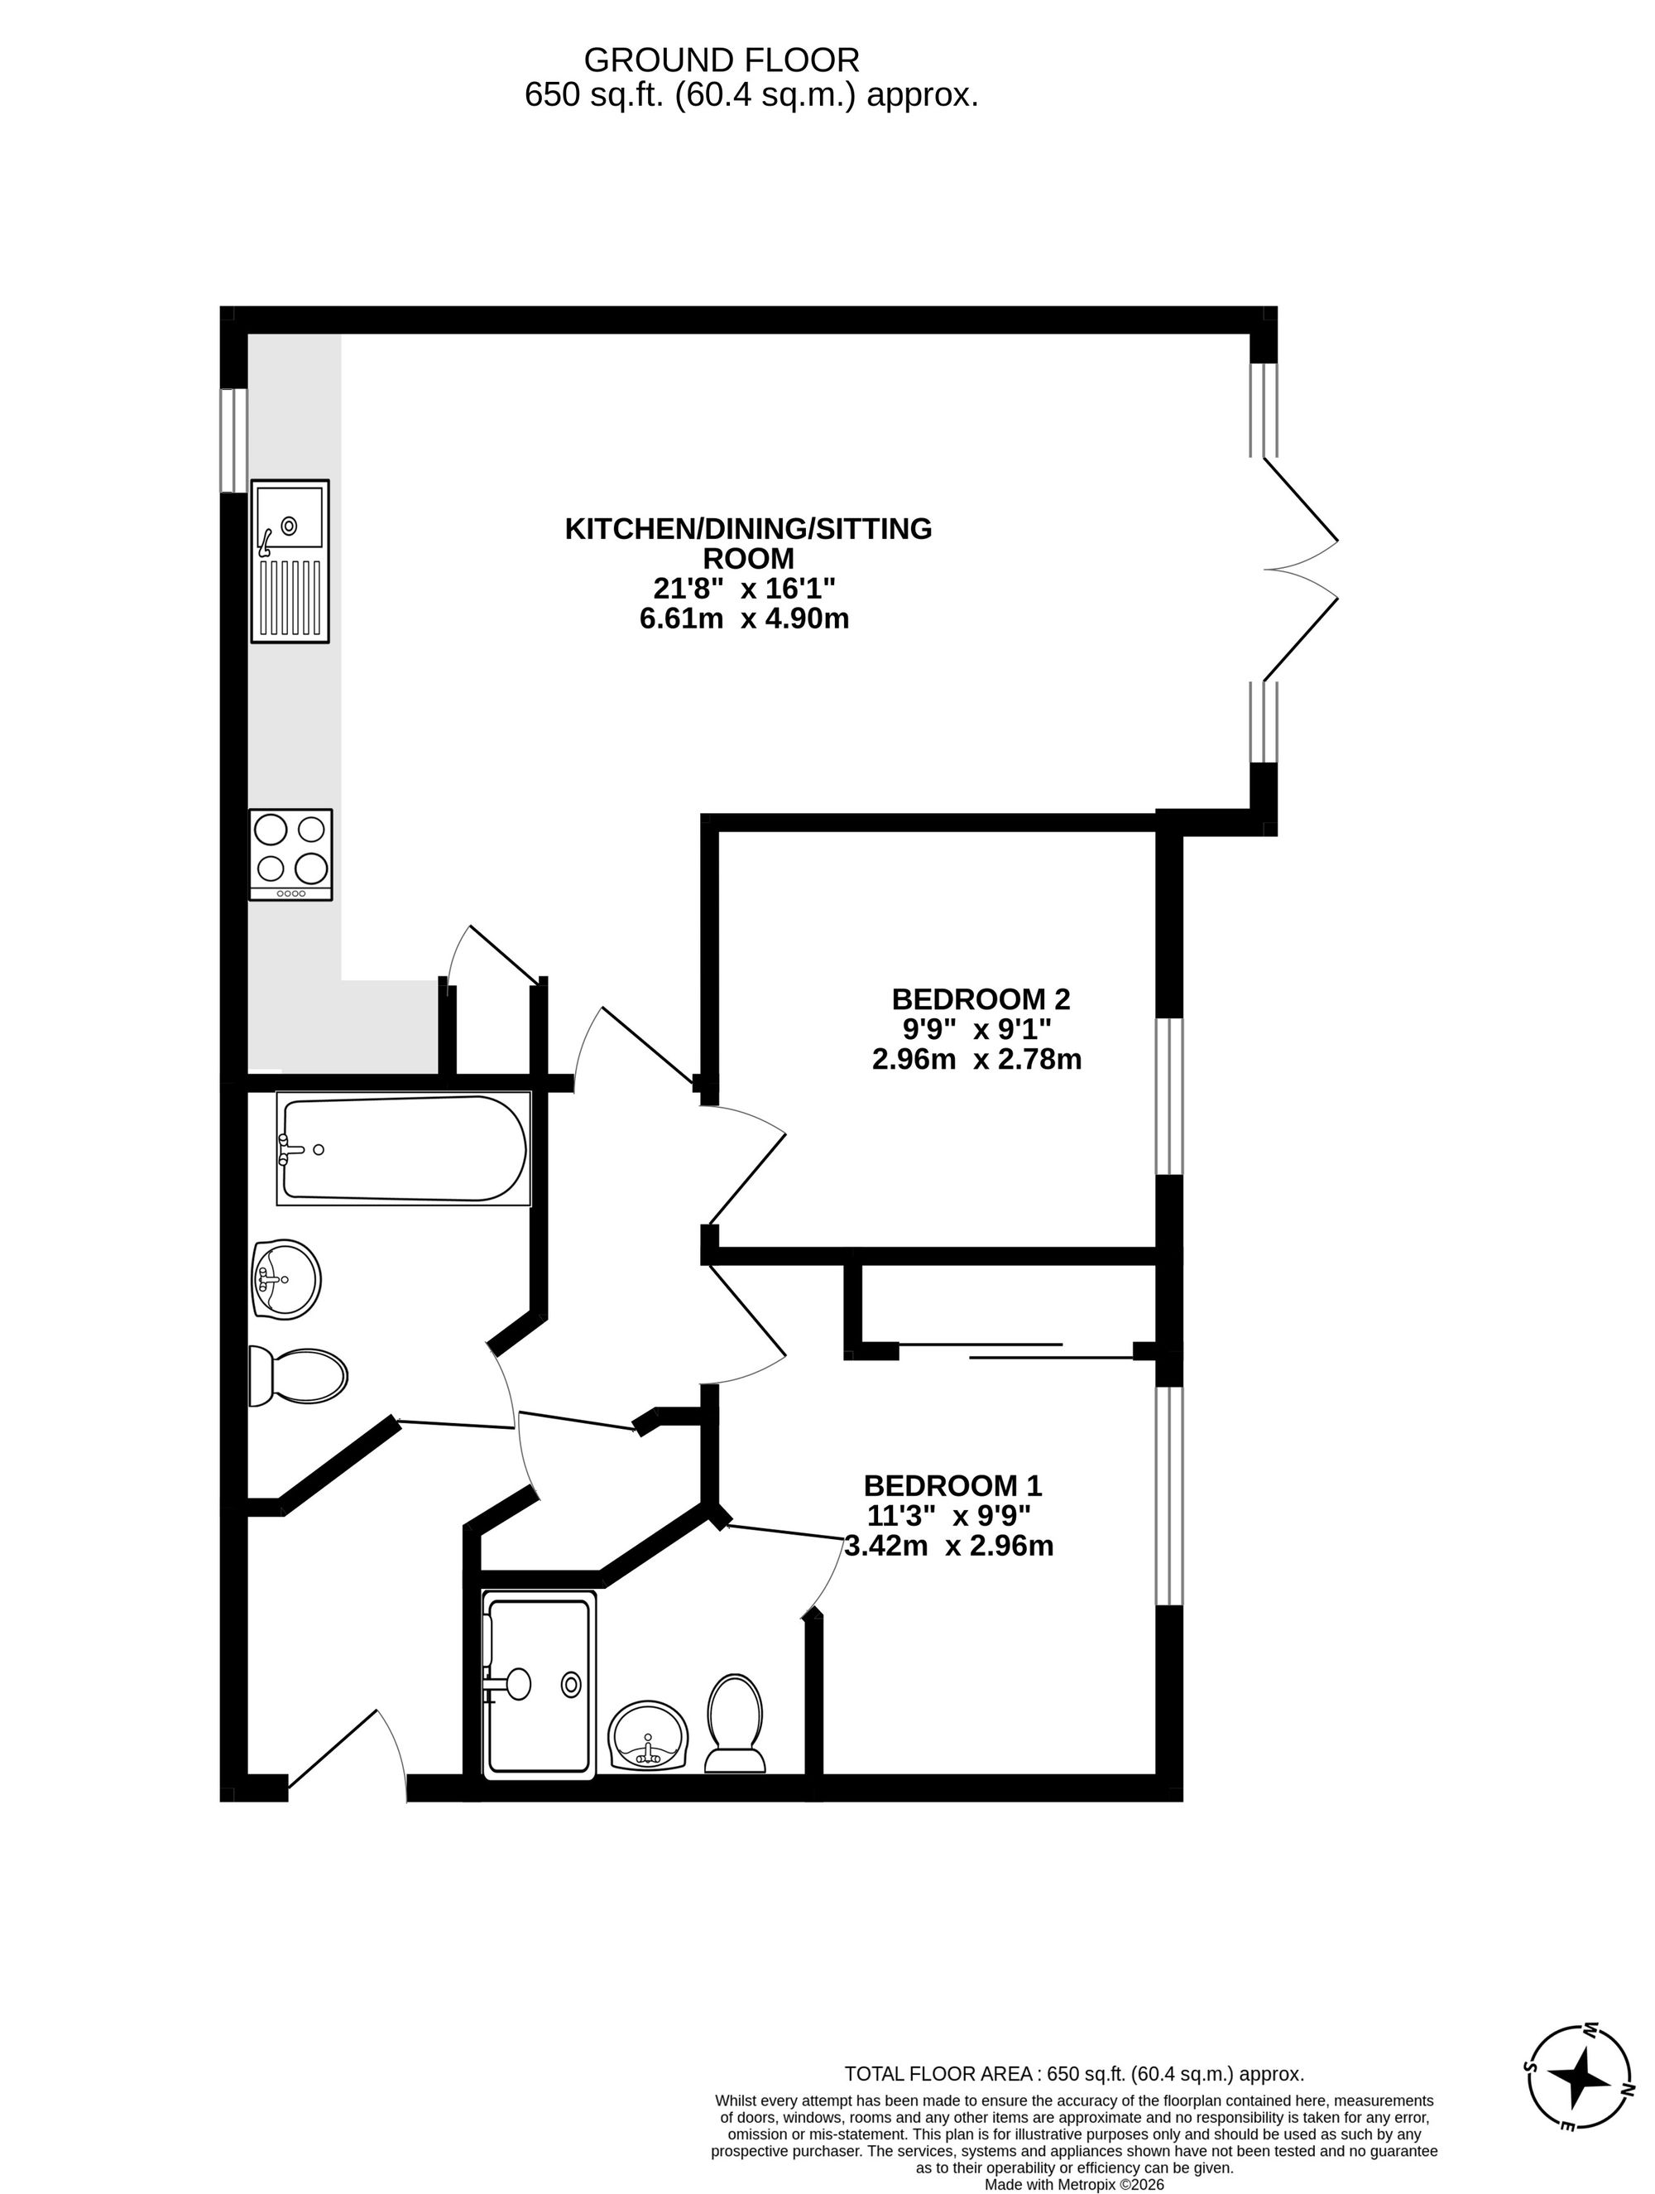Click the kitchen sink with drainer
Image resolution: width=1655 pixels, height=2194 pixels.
click(290, 561)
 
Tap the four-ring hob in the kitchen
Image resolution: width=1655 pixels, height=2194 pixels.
click(290, 853)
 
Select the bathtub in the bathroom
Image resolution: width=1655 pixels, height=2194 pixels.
click(403, 1149)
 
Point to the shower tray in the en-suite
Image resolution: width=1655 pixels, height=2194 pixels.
click(539, 1683)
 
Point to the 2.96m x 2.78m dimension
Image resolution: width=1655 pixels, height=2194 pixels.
click(976, 1059)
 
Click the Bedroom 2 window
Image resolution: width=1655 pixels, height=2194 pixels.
click(1170, 1096)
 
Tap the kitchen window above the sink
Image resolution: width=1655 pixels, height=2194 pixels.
click(233, 440)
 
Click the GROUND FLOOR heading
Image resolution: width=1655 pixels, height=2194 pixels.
click(721, 60)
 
